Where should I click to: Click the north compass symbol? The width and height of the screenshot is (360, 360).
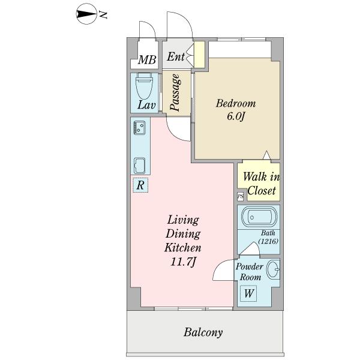pos(86,14)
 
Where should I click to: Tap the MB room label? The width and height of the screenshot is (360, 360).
pos(147,60)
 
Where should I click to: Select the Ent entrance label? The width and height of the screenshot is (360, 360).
pos(176,56)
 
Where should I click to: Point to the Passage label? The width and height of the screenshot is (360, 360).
pos(175,92)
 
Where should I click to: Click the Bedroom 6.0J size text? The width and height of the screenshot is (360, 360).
pos(236,116)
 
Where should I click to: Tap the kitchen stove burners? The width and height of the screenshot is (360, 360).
pos(140,128)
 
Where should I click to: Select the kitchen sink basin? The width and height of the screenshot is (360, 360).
pos(140,166)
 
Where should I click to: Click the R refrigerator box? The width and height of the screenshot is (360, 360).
pos(140,185)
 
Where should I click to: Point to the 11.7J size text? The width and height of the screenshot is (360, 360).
pos(183,262)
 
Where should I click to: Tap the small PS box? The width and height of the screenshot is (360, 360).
pos(241,197)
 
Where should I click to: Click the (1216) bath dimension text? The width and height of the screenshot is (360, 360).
pos(268,241)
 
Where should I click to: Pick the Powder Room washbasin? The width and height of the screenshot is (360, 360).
pos(274,269)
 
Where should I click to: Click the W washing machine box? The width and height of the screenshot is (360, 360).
pos(248,293)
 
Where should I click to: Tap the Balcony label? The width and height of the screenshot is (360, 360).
pos(203,332)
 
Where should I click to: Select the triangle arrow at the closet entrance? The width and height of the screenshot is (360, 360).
pos(266,155)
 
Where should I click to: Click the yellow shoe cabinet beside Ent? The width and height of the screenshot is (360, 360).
pos(199,55)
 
